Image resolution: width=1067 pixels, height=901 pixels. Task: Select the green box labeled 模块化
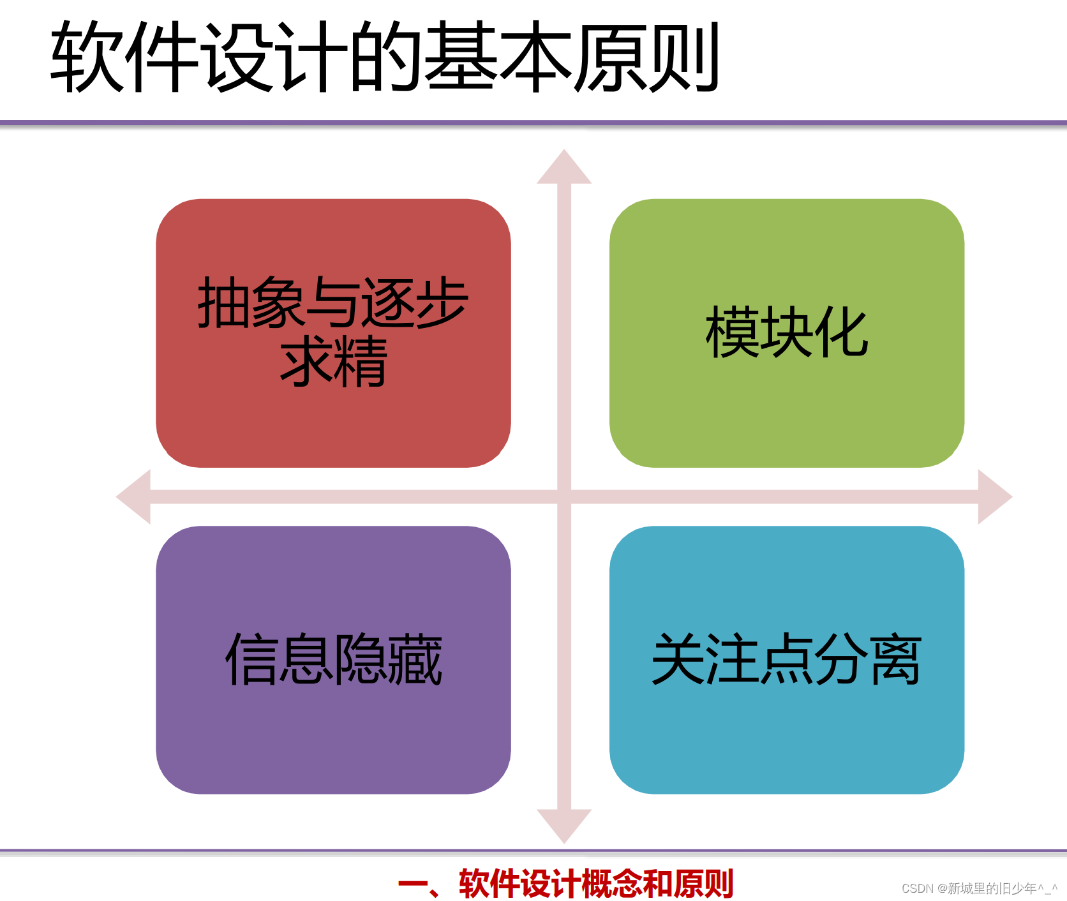pos(786,408)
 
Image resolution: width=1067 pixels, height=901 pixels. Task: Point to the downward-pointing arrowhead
pos(564,824)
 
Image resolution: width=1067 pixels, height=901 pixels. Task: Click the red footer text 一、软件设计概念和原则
pos(565,884)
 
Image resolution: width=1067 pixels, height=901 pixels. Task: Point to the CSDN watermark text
pos(979,888)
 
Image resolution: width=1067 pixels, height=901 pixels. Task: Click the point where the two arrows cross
pos(564,497)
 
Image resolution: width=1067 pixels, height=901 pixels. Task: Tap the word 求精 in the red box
pos(333,361)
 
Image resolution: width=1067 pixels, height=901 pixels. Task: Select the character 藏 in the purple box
pos(415,660)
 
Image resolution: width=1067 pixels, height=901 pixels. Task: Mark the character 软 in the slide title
pos(87,56)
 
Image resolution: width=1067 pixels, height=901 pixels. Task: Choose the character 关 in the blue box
pos(678,660)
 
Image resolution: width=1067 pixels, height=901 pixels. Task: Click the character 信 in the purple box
pos(251,660)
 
